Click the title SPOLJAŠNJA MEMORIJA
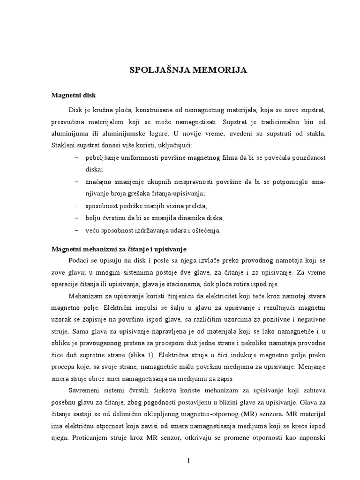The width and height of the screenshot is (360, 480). click(188, 70)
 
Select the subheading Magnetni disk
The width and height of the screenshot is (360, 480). click(74, 95)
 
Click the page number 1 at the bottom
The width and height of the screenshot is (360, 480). click(188, 460)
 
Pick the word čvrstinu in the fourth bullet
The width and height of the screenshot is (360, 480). click(120, 218)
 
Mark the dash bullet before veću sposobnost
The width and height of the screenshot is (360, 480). click(76, 230)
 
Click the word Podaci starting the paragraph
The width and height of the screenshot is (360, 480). click(80, 260)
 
